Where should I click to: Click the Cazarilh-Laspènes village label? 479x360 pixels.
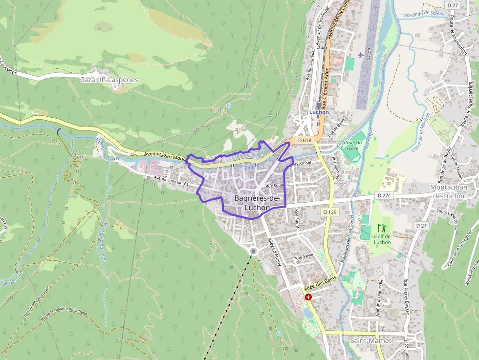(x=109, y=80)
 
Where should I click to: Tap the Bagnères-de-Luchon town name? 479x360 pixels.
(x=257, y=203)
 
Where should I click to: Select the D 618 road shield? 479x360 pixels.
(x=304, y=140)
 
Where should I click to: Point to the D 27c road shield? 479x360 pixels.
(x=385, y=195)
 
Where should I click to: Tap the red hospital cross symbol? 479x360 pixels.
(x=308, y=297)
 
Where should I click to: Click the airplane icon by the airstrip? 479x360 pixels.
(x=361, y=54)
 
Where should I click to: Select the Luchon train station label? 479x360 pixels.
(x=319, y=112)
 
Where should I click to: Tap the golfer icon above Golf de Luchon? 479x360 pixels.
(x=381, y=228)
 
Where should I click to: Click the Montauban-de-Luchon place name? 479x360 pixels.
(x=454, y=191)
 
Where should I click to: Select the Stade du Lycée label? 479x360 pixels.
(x=356, y=145)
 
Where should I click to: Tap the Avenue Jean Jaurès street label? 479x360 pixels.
(x=171, y=181)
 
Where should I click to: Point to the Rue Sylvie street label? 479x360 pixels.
(x=304, y=256)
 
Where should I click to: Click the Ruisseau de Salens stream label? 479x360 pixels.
(x=424, y=14)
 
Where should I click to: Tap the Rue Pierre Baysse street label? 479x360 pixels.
(x=406, y=296)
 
